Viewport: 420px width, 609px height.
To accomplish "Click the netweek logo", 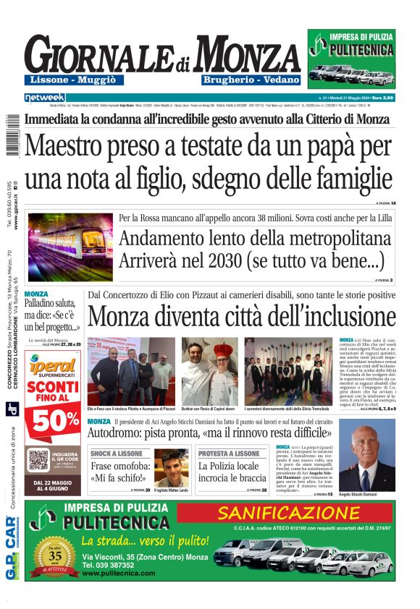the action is tap(44, 97).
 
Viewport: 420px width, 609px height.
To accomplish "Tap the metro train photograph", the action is tap(70, 246).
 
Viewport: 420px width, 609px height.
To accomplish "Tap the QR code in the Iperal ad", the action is tap(40, 460).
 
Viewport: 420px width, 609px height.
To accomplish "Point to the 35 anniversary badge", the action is tap(56, 556).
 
